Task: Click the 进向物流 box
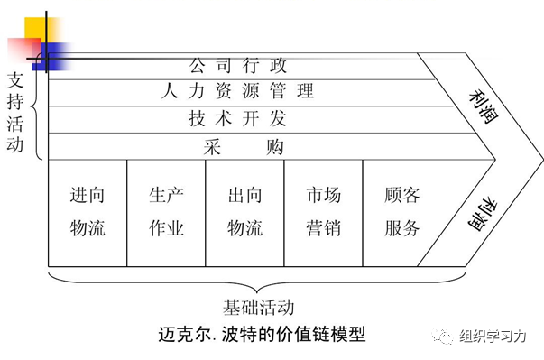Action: point(88,212)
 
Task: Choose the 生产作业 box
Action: point(166,212)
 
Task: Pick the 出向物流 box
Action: point(244,212)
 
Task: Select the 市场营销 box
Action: point(323,212)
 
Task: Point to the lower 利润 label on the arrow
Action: point(481,213)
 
